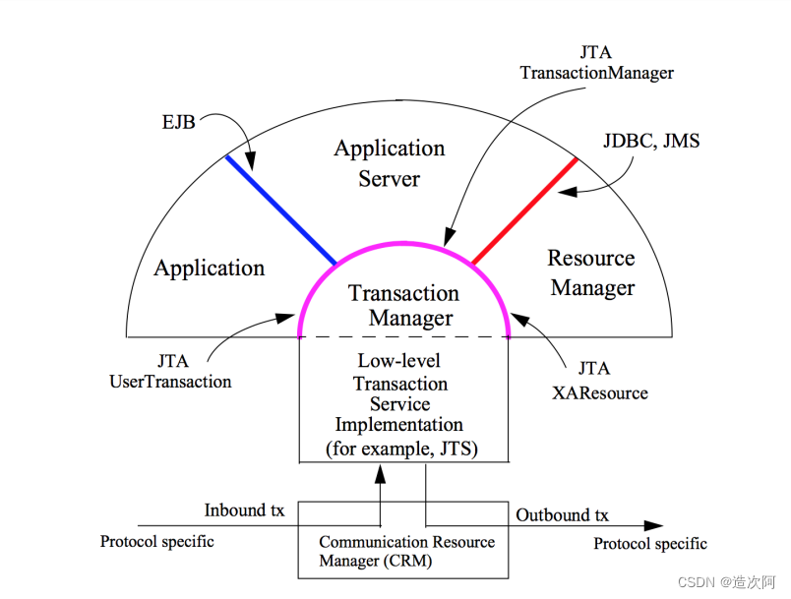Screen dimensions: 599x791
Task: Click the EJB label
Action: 178,123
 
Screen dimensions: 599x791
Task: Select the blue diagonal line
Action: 281,210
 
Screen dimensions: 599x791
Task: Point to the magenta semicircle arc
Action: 404,248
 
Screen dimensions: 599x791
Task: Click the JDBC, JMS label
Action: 651,141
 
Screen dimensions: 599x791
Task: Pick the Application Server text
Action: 390,163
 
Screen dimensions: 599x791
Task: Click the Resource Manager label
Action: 591,272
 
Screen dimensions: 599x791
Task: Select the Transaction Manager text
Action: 404,305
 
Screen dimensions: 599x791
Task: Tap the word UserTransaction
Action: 170,381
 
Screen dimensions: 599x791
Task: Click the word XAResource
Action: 601,392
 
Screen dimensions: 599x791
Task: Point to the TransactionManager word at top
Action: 597,72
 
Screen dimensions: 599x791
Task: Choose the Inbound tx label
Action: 244,510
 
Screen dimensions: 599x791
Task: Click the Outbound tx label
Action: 563,515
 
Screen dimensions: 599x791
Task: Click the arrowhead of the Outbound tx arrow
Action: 654,526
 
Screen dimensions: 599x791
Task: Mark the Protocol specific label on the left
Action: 157,541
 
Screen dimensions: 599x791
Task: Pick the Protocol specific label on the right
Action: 650,544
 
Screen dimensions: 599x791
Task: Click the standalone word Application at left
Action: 210,268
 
